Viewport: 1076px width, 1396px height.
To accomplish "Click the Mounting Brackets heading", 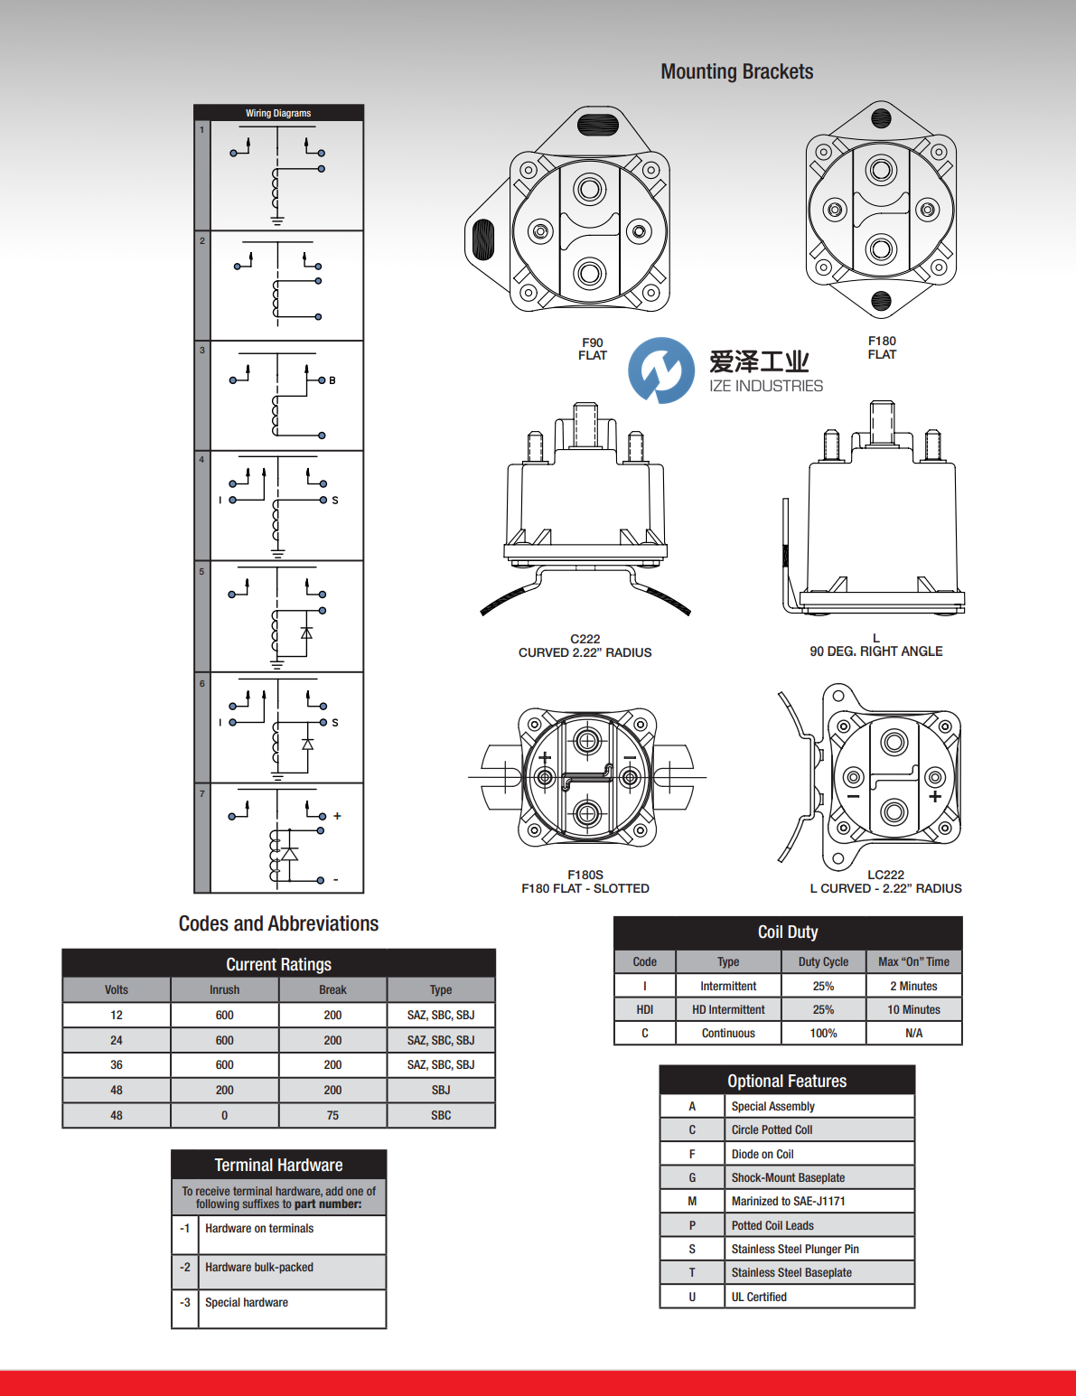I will [x=736, y=72].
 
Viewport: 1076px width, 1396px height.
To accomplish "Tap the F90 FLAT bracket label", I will [x=593, y=349].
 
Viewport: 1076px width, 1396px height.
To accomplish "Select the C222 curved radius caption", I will [x=585, y=646].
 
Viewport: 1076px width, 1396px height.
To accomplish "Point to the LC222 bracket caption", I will [x=885, y=882].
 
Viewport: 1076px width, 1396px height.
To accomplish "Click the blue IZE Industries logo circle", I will [x=661, y=370].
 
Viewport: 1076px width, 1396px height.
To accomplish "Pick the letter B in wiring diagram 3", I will [x=332, y=380].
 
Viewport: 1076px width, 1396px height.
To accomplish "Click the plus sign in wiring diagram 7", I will [x=337, y=816].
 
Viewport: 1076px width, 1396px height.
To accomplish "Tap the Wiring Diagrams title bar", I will [x=278, y=113].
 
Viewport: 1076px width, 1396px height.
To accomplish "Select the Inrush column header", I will [x=224, y=989].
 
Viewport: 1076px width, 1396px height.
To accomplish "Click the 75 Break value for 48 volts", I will [x=332, y=1115].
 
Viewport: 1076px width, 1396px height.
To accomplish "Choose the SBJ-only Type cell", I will [x=441, y=1090].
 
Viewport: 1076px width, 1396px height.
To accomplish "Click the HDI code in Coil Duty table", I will [x=644, y=1009].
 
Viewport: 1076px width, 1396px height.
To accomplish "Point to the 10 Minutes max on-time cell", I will [x=913, y=1009].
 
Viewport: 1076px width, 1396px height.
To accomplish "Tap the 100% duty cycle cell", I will [x=823, y=1033].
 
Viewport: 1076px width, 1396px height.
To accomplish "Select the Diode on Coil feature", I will [x=763, y=1154].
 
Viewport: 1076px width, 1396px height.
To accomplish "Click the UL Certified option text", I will [x=759, y=1297].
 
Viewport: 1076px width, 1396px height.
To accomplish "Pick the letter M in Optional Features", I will [x=692, y=1201].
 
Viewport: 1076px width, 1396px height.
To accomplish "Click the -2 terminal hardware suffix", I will [x=184, y=1267].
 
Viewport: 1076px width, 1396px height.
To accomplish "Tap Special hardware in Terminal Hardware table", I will [x=247, y=1302].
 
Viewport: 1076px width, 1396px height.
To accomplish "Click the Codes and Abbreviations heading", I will [x=278, y=923].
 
